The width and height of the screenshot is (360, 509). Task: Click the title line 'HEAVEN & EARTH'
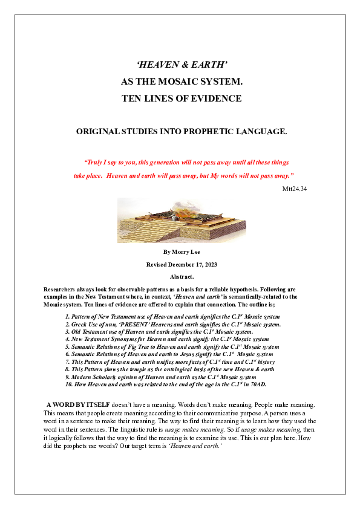[x=182, y=64]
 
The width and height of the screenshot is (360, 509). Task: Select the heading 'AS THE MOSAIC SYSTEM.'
[x=182, y=81]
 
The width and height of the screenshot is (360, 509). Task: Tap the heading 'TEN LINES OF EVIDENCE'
[x=182, y=99]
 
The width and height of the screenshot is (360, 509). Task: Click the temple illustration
[x=181, y=221]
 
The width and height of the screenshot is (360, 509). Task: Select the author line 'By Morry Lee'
[x=182, y=251]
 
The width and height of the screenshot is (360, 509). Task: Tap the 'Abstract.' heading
[x=182, y=276]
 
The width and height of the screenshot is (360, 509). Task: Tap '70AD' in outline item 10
[x=258, y=384]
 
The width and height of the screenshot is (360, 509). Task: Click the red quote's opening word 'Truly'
[x=94, y=163]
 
